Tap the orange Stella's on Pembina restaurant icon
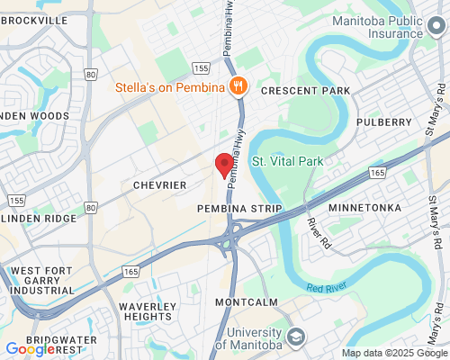point(238,86)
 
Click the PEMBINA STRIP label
point(239,208)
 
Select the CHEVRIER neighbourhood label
point(159,184)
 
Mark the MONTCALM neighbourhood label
point(247,301)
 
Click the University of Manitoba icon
point(295,337)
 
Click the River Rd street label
point(316,229)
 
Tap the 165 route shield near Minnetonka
point(377,172)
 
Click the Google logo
point(30,349)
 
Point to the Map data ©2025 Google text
point(392,353)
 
